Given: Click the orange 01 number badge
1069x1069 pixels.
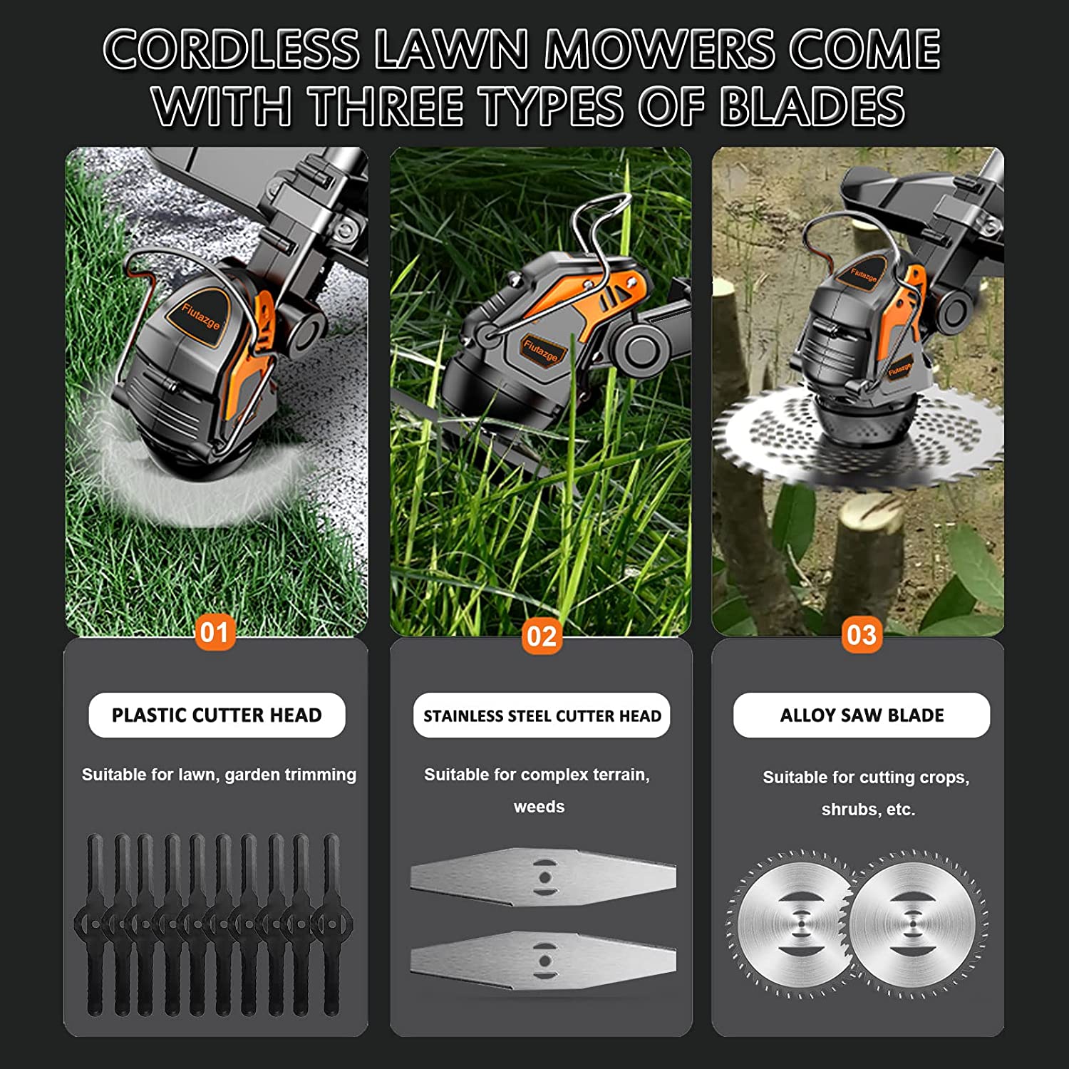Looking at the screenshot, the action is (215, 631).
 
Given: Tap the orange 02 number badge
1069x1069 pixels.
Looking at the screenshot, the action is (542, 636).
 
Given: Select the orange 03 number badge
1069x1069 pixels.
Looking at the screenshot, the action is (861, 634).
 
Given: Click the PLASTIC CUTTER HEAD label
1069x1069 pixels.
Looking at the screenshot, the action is (217, 715).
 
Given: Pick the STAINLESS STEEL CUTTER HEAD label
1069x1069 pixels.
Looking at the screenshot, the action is (542, 716).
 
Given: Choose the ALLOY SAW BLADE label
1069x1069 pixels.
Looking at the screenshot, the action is (862, 715).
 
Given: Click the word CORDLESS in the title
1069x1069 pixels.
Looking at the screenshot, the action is (232, 49).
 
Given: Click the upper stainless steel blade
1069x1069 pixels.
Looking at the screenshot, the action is (543, 877).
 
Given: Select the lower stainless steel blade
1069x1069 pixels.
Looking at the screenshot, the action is (543, 961).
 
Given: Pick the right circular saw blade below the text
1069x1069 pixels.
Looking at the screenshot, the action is (914, 924).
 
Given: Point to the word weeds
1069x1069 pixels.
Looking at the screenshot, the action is (539, 807).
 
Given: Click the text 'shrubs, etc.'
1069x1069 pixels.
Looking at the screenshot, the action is (868, 810).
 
